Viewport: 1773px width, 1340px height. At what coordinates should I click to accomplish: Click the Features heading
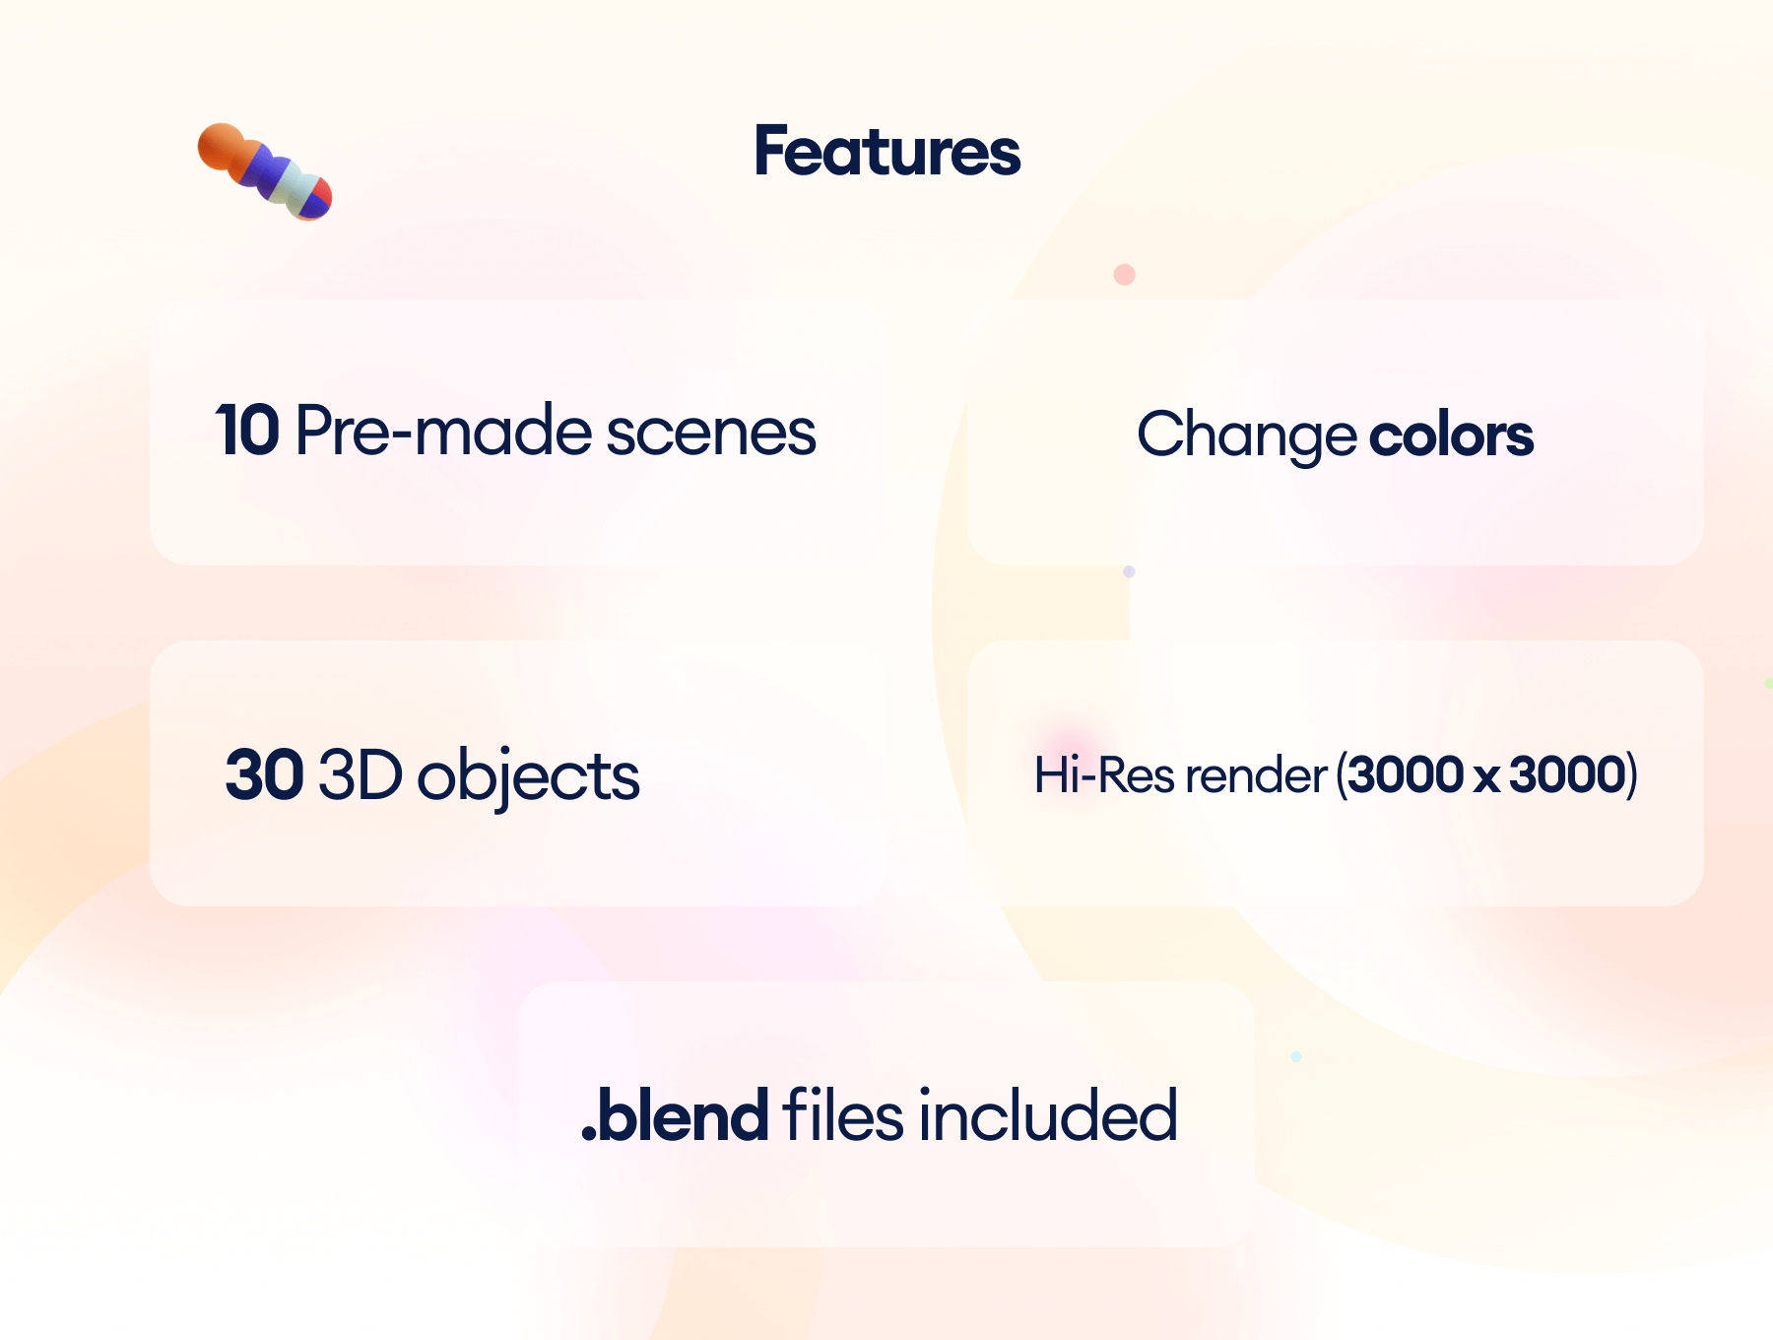(886, 152)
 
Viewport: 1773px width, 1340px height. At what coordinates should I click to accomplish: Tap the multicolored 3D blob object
(264, 171)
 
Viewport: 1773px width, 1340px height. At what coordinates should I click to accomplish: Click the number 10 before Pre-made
(248, 431)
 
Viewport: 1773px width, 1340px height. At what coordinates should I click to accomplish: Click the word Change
(1247, 435)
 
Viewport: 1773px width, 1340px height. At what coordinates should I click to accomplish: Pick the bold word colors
(1451, 435)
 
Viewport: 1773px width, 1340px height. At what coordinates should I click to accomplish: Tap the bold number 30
(264, 774)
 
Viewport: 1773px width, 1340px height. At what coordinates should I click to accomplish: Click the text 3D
(361, 774)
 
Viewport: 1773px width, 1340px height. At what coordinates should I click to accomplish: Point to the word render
(1256, 776)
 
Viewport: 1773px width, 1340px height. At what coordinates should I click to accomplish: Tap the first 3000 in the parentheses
(1406, 774)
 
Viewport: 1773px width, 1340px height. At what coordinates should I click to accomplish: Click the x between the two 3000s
(1486, 778)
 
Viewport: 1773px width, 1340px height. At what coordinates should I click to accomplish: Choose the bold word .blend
(675, 1115)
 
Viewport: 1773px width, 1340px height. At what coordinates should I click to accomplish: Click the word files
(843, 1115)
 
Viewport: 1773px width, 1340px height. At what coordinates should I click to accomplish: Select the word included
(1048, 1115)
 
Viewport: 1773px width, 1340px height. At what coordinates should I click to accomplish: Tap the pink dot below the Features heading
(1124, 274)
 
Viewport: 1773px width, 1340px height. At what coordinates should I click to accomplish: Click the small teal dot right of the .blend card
(1296, 1056)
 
